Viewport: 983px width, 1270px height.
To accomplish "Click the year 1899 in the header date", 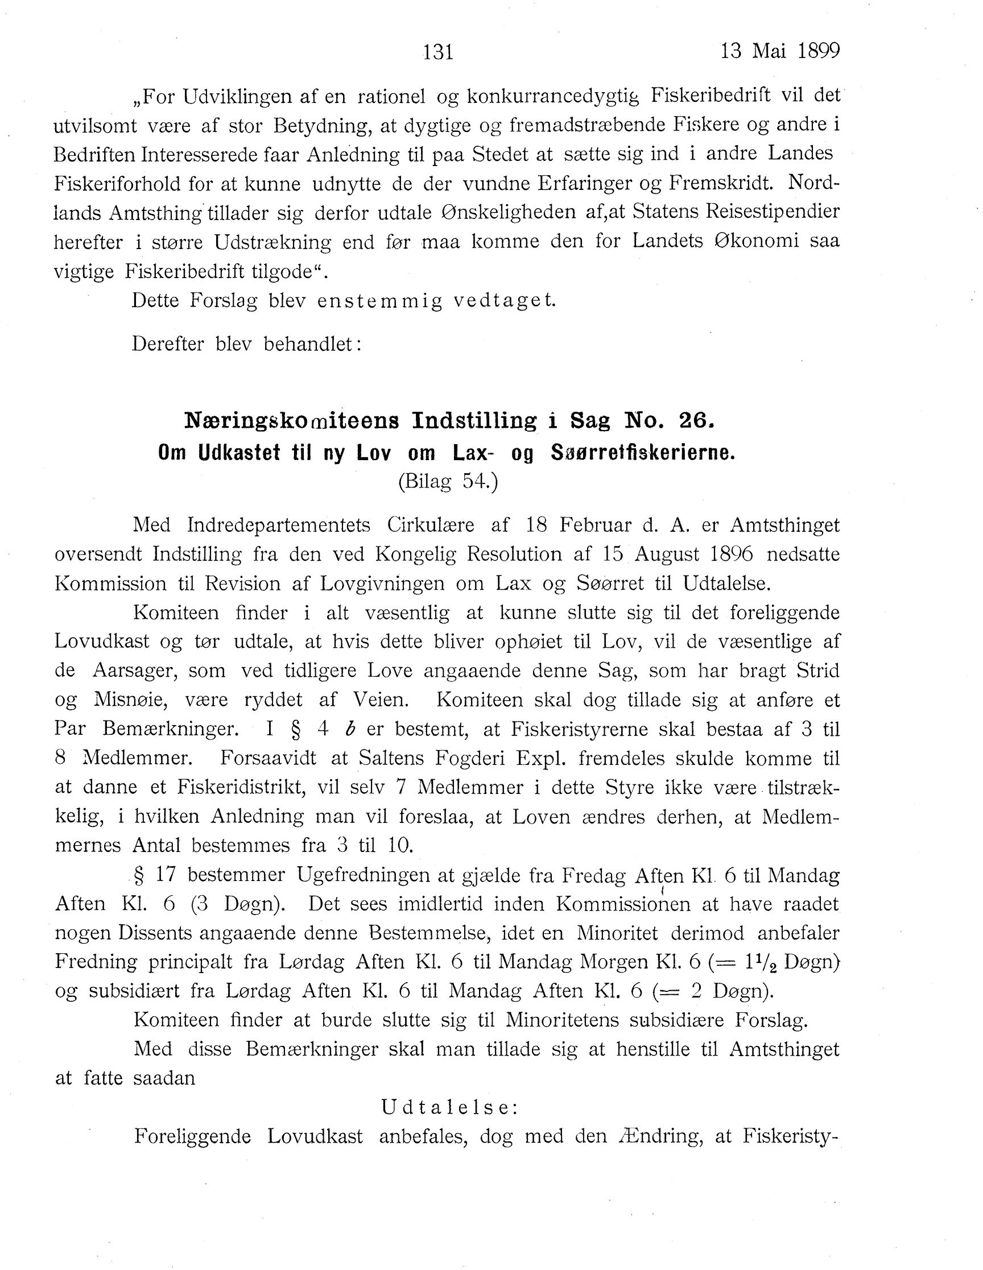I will click(819, 51).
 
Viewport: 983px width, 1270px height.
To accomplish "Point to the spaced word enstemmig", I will click(380, 301).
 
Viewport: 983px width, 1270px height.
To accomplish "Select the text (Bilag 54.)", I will click(448, 482).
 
